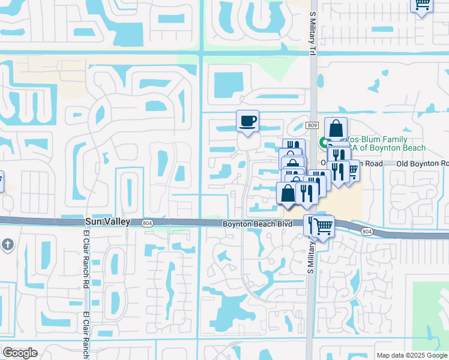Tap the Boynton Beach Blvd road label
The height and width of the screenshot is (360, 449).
click(258, 224)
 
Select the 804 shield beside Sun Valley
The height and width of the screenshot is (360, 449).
click(147, 223)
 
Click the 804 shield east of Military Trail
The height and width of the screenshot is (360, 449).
click(367, 231)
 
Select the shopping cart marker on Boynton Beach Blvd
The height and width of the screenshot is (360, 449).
click(323, 226)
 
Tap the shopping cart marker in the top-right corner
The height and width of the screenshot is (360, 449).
click(422, 5)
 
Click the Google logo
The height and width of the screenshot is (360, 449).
click(20, 353)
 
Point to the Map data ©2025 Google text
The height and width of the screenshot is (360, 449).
click(411, 355)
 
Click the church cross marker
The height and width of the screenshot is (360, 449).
click(7, 244)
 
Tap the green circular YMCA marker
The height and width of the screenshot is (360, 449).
click(323, 143)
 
